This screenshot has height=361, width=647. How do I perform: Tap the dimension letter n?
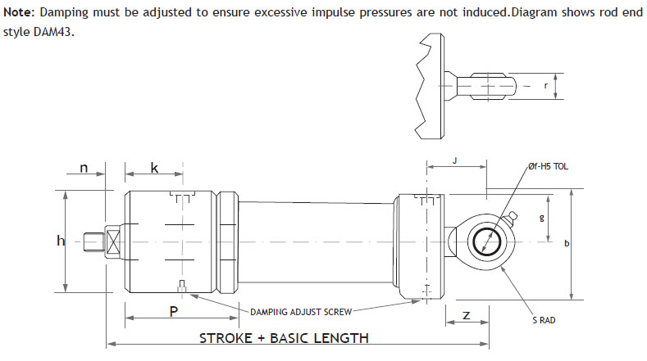[x=84, y=168]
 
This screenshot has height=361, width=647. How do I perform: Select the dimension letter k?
[x=153, y=168]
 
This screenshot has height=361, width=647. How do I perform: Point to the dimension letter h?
[x=59, y=241]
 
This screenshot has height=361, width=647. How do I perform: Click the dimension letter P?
[x=173, y=311]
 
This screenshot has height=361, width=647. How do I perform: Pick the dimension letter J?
[x=455, y=161]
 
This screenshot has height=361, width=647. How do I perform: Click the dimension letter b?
[x=567, y=245]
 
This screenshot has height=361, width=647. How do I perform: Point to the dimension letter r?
[x=545, y=84]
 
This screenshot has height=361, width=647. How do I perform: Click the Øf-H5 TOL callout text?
[x=548, y=166]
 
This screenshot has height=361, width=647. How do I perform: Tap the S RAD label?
[x=543, y=320]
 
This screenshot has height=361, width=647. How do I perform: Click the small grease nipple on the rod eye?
[x=513, y=217]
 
